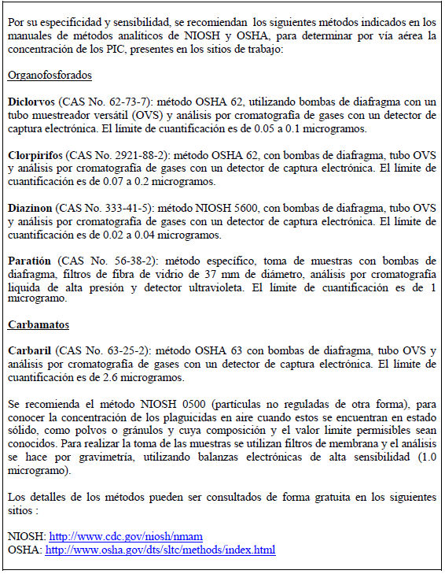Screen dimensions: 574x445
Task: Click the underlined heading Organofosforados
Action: [x=50, y=75]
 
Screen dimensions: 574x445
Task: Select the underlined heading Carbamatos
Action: [x=38, y=324]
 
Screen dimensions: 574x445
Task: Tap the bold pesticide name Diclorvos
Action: [x=30, y=102]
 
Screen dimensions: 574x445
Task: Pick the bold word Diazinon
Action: [x=30, y=209]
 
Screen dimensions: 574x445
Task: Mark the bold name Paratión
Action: [x=29, y=261]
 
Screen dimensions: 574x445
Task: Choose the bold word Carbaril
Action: [x=29, y=350]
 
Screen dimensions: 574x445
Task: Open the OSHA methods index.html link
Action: [x=160, y=550]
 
